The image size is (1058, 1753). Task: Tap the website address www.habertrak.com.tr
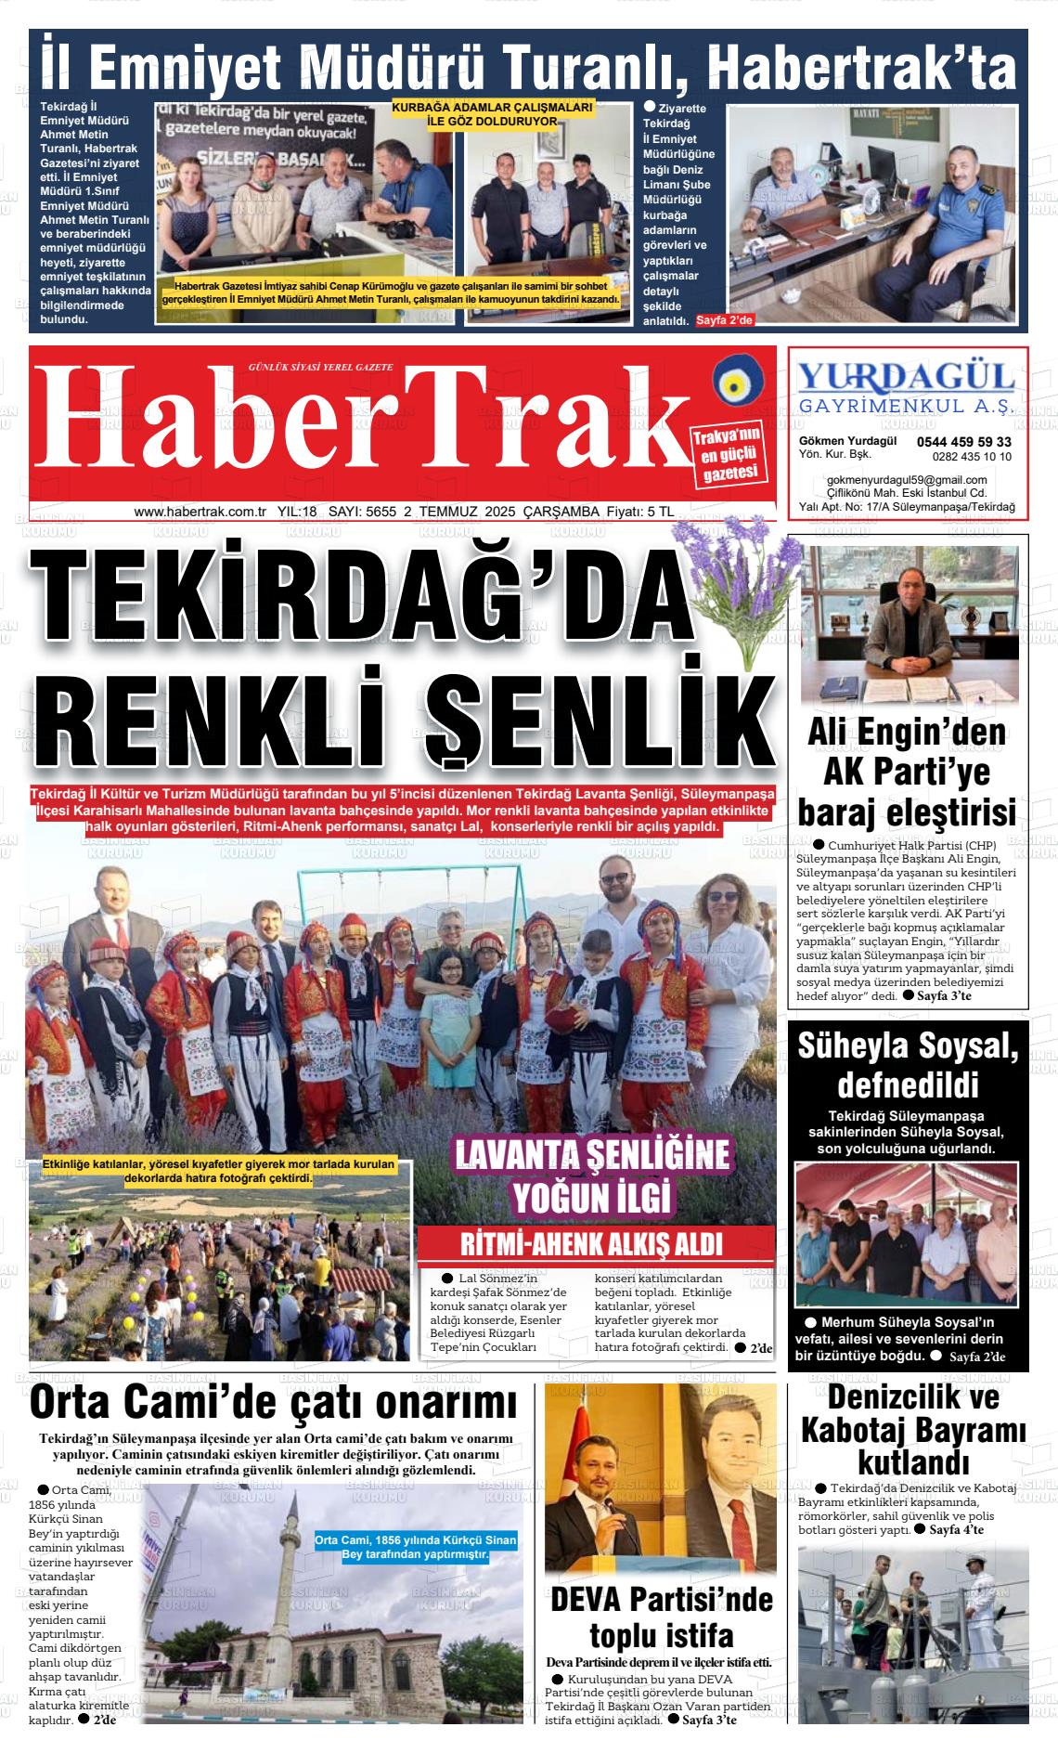(200, 512)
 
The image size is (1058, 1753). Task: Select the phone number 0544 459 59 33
(963, 442)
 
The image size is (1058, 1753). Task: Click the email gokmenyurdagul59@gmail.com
(906, 479)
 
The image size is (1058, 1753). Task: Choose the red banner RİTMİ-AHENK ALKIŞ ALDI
(591, 1245)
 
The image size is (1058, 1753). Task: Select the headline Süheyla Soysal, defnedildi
(908, 1064)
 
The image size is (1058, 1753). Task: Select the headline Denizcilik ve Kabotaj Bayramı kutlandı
(912, 1430)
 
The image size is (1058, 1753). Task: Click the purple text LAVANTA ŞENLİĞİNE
(591, 1155)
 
